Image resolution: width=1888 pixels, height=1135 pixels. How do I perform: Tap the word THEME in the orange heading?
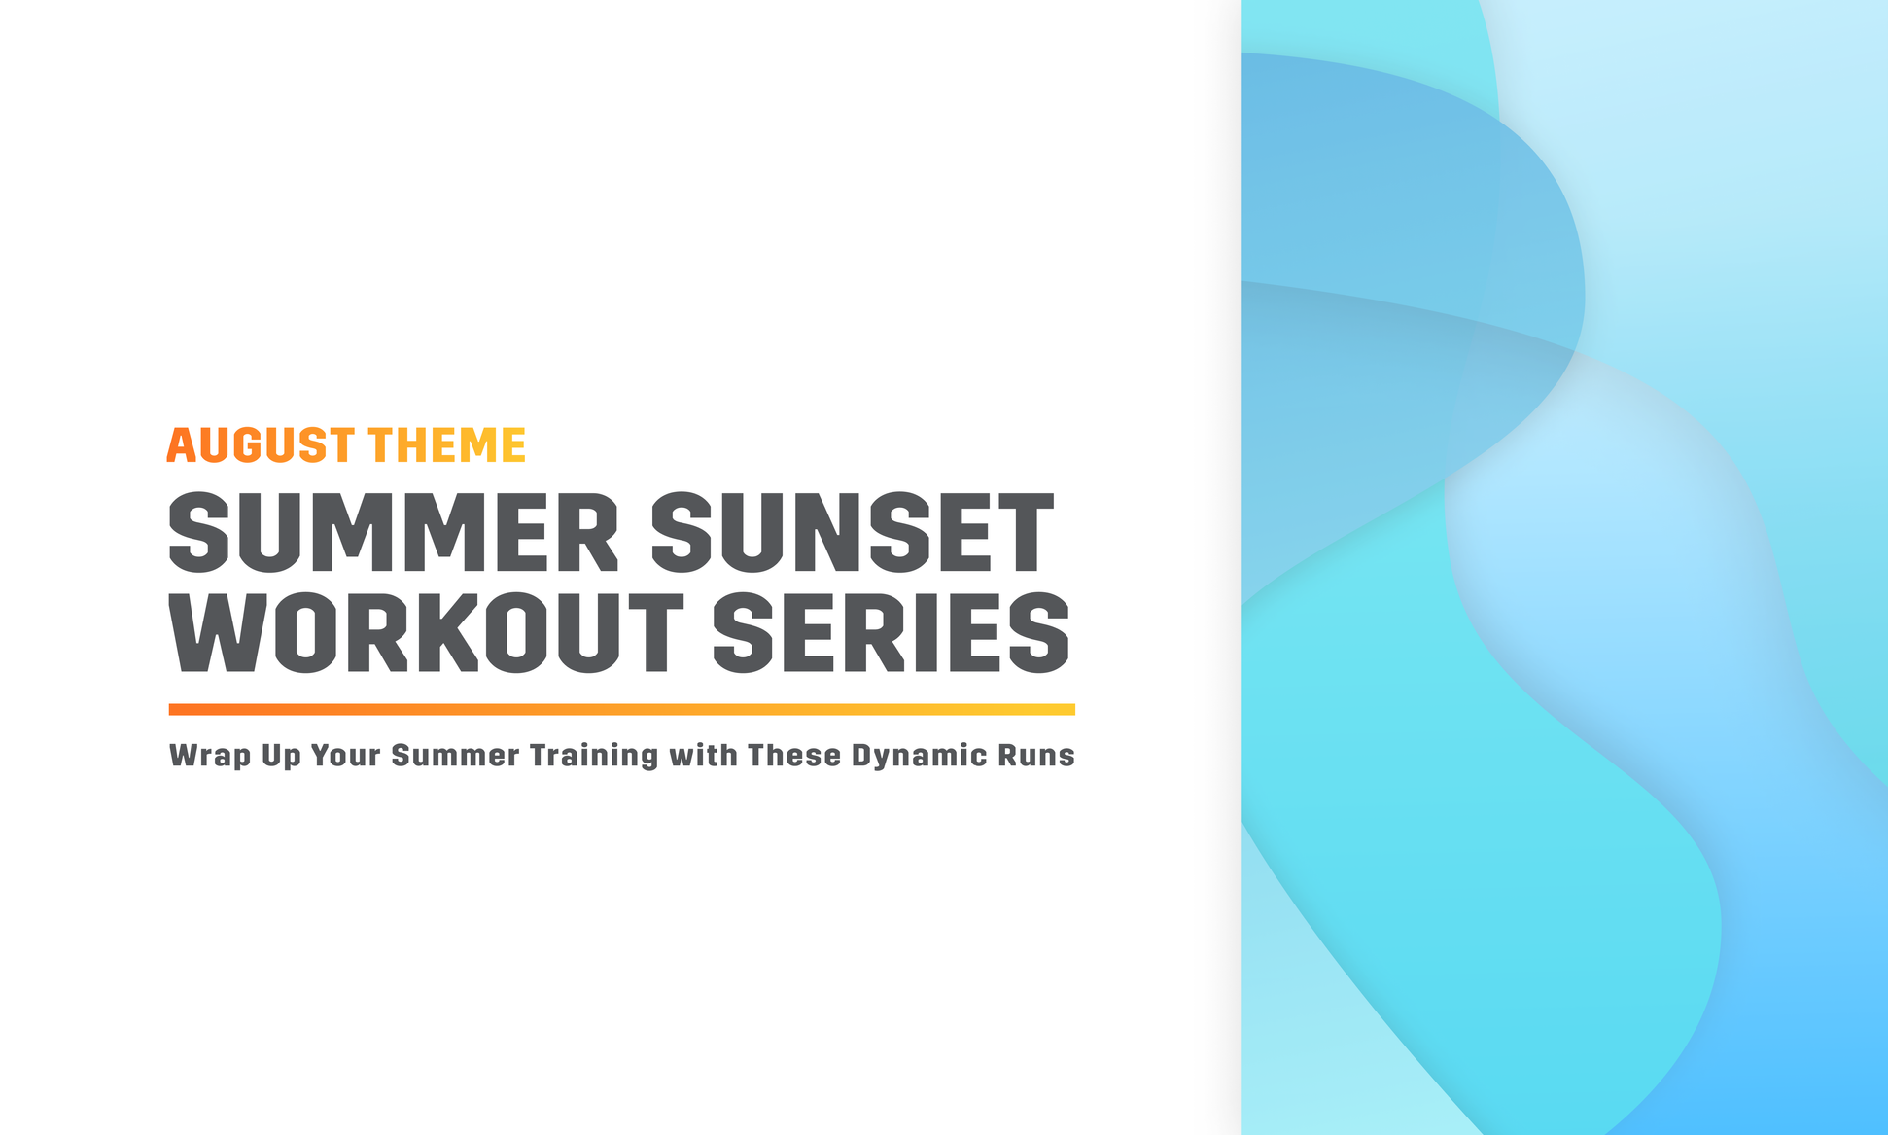pyautogui.click(x=447, y=445)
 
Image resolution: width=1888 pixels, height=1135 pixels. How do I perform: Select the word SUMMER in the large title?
pyautogui.click(x=394, y=532)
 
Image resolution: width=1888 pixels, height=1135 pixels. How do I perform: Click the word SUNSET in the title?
pyautogui.click(x=852, y=532)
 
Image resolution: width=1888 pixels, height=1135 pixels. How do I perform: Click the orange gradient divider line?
pyautogui.click(x=621, y=710)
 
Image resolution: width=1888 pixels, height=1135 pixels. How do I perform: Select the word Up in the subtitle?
pyautogui.click(x=281, y=757)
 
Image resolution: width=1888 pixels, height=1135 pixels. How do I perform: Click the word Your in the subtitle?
pyautogui.click(x=345, y=756)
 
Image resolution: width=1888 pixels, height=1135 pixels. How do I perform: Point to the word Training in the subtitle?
pyautogui.click(x=594, y=757)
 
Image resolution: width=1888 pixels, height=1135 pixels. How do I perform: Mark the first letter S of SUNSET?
pyautogui.click(x=686, y=532)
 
